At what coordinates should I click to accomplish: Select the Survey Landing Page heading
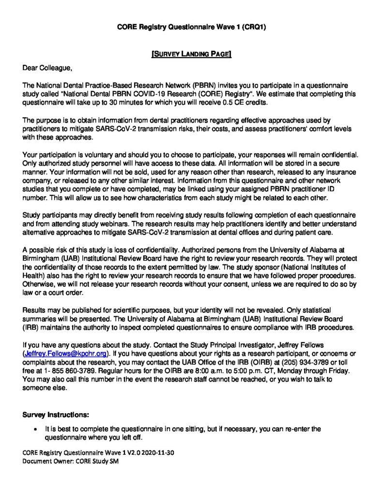click(x=192, y=54)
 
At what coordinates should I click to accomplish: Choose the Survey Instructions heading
click(x=56, y=415)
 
